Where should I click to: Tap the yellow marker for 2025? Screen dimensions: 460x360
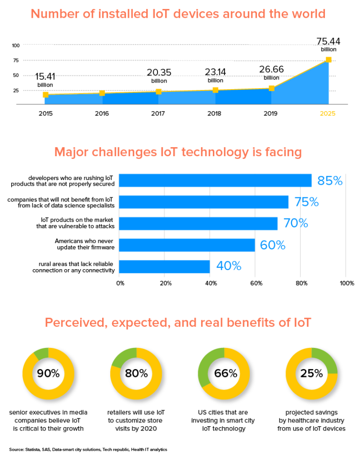329,60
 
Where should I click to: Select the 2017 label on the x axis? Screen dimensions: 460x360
158,113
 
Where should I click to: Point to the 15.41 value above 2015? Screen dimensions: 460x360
45,76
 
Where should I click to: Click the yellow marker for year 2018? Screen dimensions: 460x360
215,90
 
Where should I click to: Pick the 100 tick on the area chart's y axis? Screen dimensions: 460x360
16,45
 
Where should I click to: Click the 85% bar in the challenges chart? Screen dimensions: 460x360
215,181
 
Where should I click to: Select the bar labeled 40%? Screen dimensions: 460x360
164,266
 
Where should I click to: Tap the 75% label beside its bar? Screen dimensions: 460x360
307,202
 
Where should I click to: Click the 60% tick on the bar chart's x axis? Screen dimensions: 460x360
256,283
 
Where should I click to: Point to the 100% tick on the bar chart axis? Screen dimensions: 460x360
346,283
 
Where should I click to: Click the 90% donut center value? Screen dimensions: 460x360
48,373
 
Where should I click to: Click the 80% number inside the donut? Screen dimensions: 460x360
136,373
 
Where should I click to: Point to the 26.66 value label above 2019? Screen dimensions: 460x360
271,69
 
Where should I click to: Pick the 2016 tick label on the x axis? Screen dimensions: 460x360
102,113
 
